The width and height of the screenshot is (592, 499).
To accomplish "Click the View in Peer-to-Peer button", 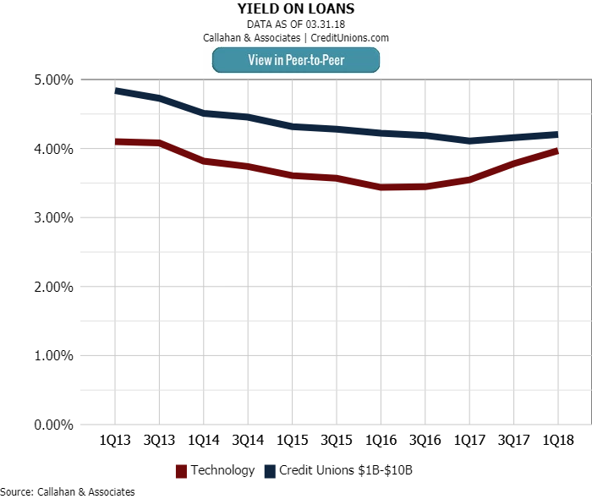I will point(296,60).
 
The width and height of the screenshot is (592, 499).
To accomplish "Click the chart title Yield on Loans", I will point(296,9).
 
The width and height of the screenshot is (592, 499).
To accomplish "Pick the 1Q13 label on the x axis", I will point(115,441).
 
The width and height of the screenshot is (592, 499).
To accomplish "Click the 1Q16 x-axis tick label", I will point(381,441).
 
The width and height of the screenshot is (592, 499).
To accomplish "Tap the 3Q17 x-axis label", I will point(513,441).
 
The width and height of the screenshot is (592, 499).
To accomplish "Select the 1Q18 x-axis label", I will point(557,441).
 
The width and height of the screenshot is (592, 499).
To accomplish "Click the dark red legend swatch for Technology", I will point(181,471).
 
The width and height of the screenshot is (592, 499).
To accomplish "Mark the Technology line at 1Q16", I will point(381,187).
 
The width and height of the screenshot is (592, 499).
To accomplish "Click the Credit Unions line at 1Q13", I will point(115,90).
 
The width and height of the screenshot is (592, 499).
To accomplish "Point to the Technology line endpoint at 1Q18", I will point(557,151).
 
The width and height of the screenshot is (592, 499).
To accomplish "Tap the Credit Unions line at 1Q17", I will point(469,140).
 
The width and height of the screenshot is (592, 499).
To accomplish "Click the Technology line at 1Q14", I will point(204,161).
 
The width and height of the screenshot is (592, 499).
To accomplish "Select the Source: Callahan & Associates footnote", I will point(68,491).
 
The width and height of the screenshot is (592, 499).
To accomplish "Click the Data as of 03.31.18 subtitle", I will point(296,25).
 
